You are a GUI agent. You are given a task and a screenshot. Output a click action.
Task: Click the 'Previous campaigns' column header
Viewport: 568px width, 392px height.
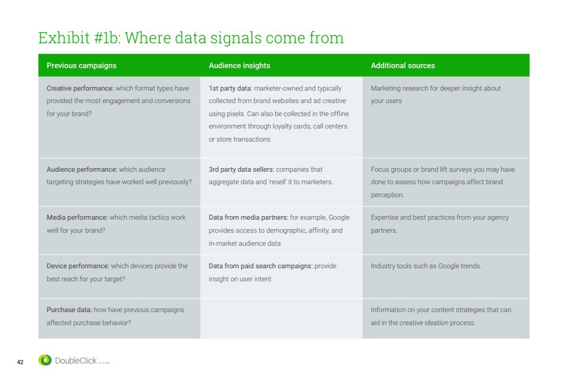tap(82, 66)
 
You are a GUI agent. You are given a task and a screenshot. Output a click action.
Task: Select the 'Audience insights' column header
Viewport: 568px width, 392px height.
tap(239, 66)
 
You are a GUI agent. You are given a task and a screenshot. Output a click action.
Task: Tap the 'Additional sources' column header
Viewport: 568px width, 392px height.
tap(403, 66)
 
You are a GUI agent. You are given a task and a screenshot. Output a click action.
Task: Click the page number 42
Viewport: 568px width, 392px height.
tap(20, 362)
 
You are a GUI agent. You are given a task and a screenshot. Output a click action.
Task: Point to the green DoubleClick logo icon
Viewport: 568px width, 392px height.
tap(45, 360)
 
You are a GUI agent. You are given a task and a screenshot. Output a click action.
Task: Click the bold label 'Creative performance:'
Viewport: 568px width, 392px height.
tap(80, 88)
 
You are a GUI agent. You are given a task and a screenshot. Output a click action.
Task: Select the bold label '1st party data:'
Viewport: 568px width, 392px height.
tap(230, 88)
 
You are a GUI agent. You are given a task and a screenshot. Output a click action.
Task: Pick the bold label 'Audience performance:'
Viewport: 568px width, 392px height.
tap(82, 169)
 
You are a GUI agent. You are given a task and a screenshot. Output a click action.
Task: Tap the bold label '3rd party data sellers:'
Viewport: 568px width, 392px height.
tap(241, 169)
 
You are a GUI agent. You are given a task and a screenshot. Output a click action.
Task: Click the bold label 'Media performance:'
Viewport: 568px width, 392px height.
tap(77, 217)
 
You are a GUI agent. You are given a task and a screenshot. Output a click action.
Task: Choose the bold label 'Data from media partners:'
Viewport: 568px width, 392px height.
tap(248, 217)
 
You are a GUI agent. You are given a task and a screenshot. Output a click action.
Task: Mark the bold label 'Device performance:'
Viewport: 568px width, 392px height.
tap(78, 266)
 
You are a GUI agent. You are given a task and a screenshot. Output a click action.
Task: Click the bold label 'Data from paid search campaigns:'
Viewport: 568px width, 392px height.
tap(260, 266)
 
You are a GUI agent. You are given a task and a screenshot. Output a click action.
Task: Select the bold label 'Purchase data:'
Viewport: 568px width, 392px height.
tap(69, 310)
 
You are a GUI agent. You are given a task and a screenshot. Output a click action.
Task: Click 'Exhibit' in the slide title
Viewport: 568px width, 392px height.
tap(64, 38)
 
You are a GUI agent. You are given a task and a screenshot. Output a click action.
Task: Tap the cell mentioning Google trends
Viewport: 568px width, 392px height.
tap(446, 277)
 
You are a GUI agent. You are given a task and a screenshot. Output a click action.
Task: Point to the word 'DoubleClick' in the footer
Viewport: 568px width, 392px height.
tap(76, 361)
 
